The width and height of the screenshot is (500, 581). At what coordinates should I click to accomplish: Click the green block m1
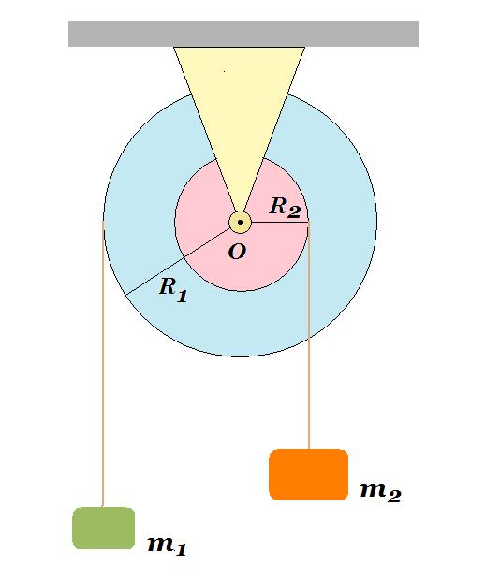pyautogui.click(x=104, y=528)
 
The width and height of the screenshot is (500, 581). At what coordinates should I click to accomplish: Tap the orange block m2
pyautogui.click(x=308, y=474)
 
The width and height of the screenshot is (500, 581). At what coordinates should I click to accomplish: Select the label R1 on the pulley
pyautogui.click(x=173, y=290)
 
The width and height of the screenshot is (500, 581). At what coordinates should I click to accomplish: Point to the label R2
pyautogui.click(x=285, y=207)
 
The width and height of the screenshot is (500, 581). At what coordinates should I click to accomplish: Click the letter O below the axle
pyautogui.click(x=237, y=252)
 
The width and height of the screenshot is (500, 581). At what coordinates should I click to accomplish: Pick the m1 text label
pyautogui.click(x=167, y=545)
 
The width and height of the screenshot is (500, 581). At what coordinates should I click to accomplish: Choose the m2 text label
pyautogui.click(x=380, y=492)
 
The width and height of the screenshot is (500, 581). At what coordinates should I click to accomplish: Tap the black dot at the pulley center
pyautogui.click(x=240, y=223)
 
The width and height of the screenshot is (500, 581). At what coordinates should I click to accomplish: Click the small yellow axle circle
pyautogui.click(x=240, y=223)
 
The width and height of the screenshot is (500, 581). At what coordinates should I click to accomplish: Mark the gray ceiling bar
pyautogui.click(x=243, y=34)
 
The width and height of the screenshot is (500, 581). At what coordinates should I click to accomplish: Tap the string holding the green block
pyautogui.click(x=103, y=364)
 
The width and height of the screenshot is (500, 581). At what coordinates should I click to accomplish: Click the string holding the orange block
pyautogui.click(x=309, y=336)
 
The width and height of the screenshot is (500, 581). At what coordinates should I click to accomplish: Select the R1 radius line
pyautogui.click(x=178, y=262)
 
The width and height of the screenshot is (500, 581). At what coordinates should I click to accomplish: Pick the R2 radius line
pyautogui.click(x=280, y=223)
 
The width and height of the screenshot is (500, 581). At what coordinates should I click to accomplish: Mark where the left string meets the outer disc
pyautogui.click(x=103, y=222)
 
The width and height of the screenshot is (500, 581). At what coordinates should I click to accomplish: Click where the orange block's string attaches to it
pyautogui.click(x=309, y=449)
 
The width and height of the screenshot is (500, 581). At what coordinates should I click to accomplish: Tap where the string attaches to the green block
pyautogui.click(x=103, y=507)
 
